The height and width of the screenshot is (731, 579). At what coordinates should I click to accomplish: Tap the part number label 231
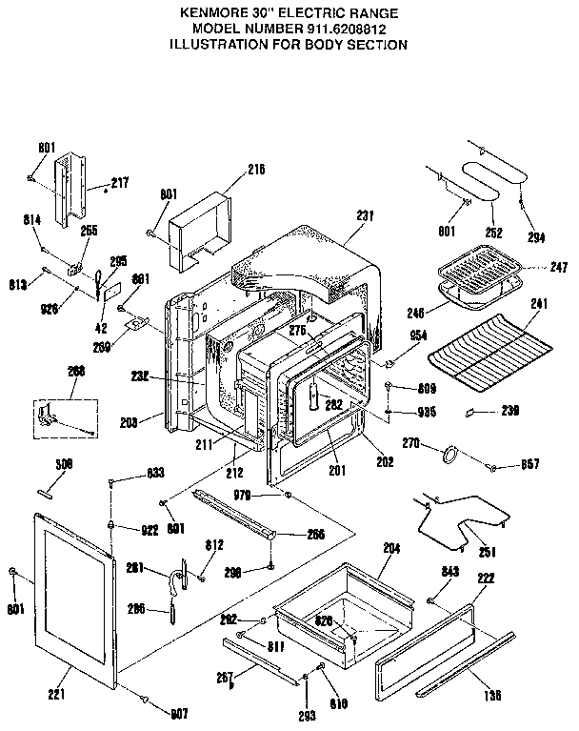[x=366, y=215]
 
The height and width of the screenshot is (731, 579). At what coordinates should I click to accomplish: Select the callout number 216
[x=255, y=171]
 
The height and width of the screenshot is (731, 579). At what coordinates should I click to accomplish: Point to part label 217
[x=119, y=182]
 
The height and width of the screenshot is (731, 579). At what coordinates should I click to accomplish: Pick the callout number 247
[x=534, y=269]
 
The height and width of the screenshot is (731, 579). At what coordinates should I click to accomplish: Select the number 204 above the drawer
[x=390, y=549]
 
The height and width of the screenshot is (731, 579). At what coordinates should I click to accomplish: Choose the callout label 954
[x=417, y=336]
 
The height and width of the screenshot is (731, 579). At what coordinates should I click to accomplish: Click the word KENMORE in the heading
[x=217, y=13]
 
